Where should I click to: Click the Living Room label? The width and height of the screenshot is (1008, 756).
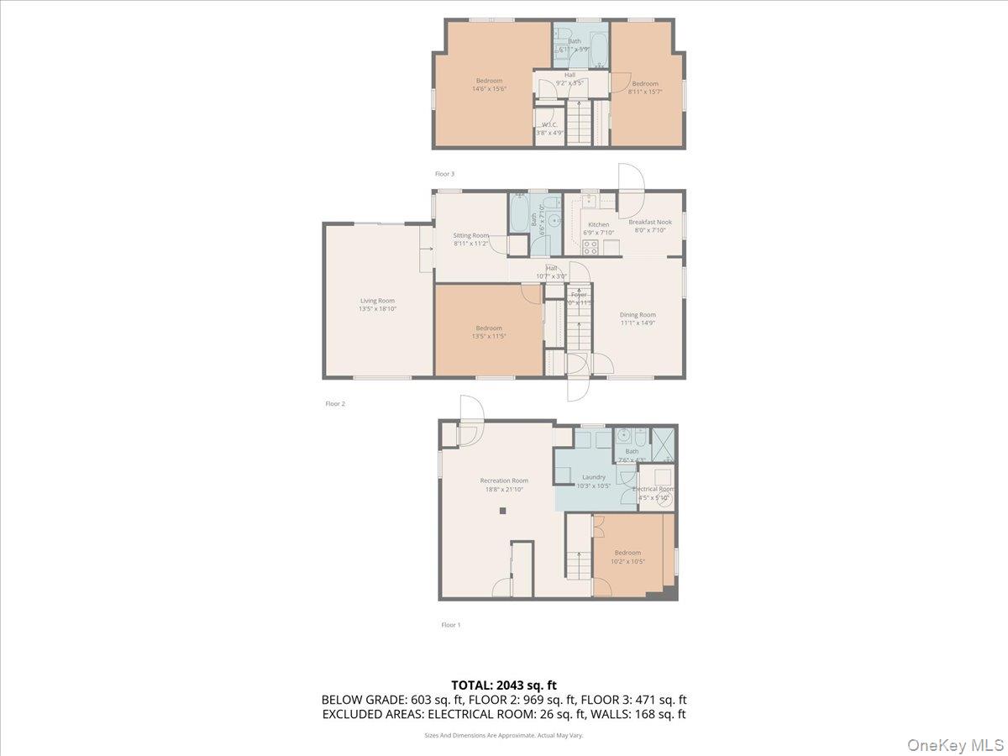(x=377, y=301)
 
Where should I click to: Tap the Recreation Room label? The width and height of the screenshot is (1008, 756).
(x=504, y=480)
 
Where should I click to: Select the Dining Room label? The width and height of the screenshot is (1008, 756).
(x=638, y=315)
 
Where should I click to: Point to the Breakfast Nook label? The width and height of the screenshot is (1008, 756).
(x=650, y=222)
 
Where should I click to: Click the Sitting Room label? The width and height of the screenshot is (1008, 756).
(x=470, y=235)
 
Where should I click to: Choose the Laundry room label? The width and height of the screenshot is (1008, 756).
(x=593, y=477)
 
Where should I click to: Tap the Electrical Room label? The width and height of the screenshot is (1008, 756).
(x=653, y=489)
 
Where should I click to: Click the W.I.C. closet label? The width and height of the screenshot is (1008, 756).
(x=549, y=124)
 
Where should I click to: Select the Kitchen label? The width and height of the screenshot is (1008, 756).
(x=598, y=224)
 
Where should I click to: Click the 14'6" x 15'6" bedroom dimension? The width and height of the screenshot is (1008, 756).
(x=488, y=88)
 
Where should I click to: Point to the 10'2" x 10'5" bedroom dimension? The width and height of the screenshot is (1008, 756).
(x=627, y=560)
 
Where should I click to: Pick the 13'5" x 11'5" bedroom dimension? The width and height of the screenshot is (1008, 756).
(x=488, y=336)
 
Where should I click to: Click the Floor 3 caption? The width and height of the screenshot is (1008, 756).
(x=444, y=174)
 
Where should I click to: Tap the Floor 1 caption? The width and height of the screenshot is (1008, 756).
(x=451, y=625)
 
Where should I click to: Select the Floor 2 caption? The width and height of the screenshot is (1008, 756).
(x=335, y=404)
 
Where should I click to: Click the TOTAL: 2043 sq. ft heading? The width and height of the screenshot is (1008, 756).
(x=504, y=685)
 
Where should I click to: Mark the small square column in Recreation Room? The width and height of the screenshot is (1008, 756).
(x=502, y=511)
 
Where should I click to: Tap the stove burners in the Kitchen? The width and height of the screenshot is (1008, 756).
(x=591, y=247)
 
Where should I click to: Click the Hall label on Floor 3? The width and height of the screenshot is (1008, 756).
(x=570, y=75)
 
